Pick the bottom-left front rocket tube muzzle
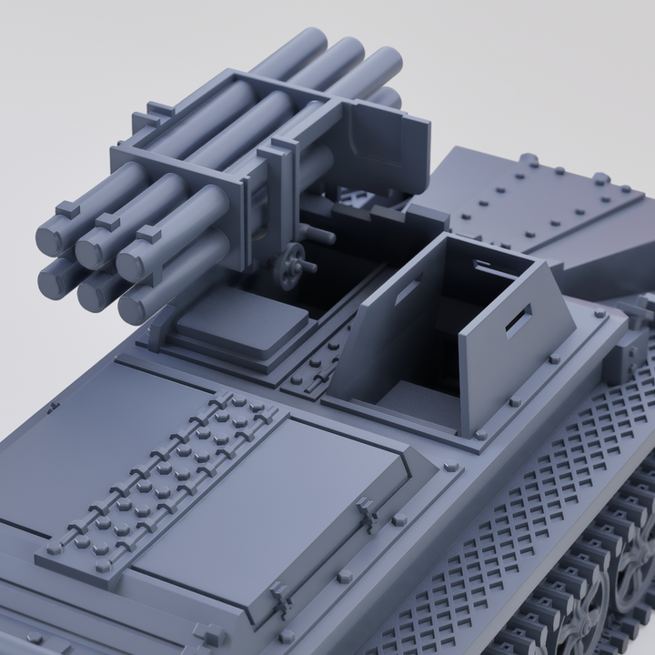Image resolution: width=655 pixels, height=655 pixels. click(55, 277)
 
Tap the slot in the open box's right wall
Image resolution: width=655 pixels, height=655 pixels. click(519, 320)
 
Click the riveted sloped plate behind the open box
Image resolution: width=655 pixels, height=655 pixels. click(537, 214)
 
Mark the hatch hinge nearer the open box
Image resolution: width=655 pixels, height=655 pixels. click(368, 514)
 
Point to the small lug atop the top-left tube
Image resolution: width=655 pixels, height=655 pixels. click(66, 207)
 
